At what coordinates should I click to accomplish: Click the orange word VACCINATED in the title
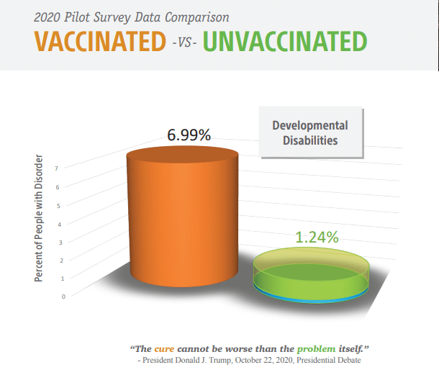100,41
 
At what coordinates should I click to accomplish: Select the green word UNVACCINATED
285,41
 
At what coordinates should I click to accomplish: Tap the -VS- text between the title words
184,43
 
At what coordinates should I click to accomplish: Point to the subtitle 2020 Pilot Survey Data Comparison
131,17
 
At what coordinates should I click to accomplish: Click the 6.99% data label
189,135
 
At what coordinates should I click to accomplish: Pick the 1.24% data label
317,237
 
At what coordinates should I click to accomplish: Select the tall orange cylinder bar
183,217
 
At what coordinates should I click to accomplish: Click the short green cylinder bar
311,275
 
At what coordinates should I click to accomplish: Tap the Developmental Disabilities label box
310,132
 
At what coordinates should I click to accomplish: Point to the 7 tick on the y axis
57,168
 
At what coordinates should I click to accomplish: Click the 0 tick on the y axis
63,297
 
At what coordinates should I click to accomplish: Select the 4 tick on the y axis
59,225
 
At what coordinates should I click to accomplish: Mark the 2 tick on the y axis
62,261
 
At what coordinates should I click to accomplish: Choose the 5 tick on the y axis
58,206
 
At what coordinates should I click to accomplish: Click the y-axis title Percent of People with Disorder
39,218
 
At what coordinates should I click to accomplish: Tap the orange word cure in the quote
164,349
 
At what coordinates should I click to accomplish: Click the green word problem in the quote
316,349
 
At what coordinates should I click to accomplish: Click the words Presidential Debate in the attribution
329,360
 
